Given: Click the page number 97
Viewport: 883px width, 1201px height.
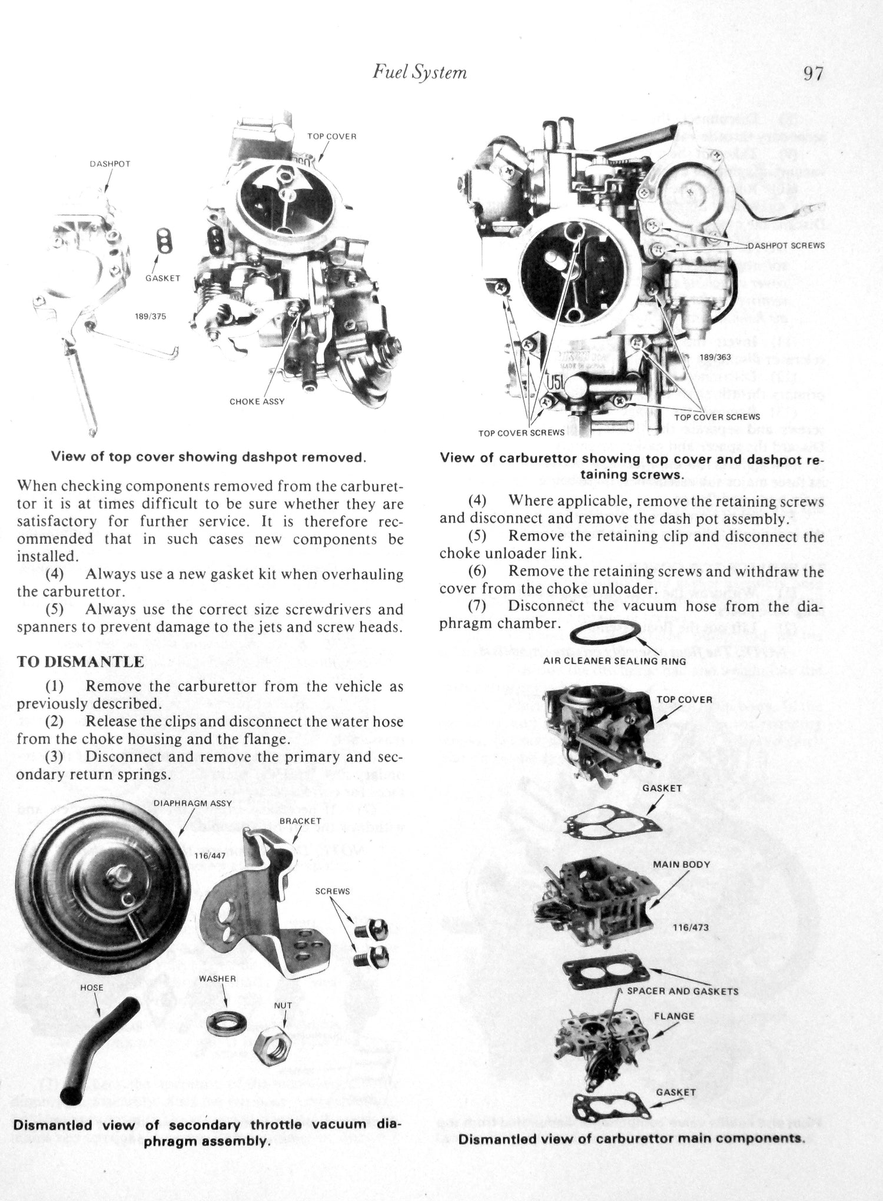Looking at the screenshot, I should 813,74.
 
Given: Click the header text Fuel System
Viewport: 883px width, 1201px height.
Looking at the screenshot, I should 420,72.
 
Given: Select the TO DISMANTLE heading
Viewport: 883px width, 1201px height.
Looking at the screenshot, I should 80,662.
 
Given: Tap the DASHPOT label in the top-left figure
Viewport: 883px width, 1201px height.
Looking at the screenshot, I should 109,164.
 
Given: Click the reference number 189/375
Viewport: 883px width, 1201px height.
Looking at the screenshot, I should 151,316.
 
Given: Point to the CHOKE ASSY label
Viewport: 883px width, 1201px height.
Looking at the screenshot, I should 257,402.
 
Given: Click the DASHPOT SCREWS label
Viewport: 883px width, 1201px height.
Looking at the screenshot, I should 786,245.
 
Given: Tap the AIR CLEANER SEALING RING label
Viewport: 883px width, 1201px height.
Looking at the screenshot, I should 614,661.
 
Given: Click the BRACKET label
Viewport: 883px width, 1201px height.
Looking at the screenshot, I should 300,821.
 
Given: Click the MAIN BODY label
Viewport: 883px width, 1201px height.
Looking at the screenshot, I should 681,865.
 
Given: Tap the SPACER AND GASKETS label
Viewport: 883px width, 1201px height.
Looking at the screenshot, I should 682,991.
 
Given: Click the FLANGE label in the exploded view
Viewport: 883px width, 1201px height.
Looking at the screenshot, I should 674,1016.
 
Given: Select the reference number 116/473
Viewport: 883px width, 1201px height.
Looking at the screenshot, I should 691,927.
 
